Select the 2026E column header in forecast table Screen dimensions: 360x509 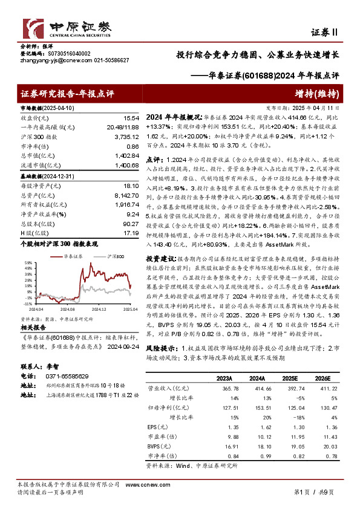pos(321,378)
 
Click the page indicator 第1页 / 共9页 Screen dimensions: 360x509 pos(313,493)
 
